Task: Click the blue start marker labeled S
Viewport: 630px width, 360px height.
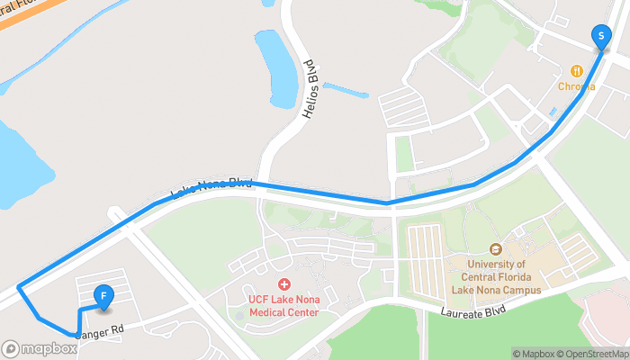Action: (x=600, y=36)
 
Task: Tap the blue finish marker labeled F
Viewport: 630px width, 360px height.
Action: (x=104, y=296)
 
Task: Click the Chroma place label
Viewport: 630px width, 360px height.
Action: (x=576, y=86)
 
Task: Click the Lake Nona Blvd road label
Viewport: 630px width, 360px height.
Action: (x=211, y=188)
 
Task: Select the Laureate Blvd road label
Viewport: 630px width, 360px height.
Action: (x=473, y=310)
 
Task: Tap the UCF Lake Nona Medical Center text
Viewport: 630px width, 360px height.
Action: (x=284, y=306)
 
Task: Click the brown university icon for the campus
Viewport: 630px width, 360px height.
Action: (x=494, y=248)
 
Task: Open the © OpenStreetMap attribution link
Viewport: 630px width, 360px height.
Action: (x=593, y=354)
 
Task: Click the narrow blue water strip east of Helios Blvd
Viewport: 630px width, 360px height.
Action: (x=346, y=90)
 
